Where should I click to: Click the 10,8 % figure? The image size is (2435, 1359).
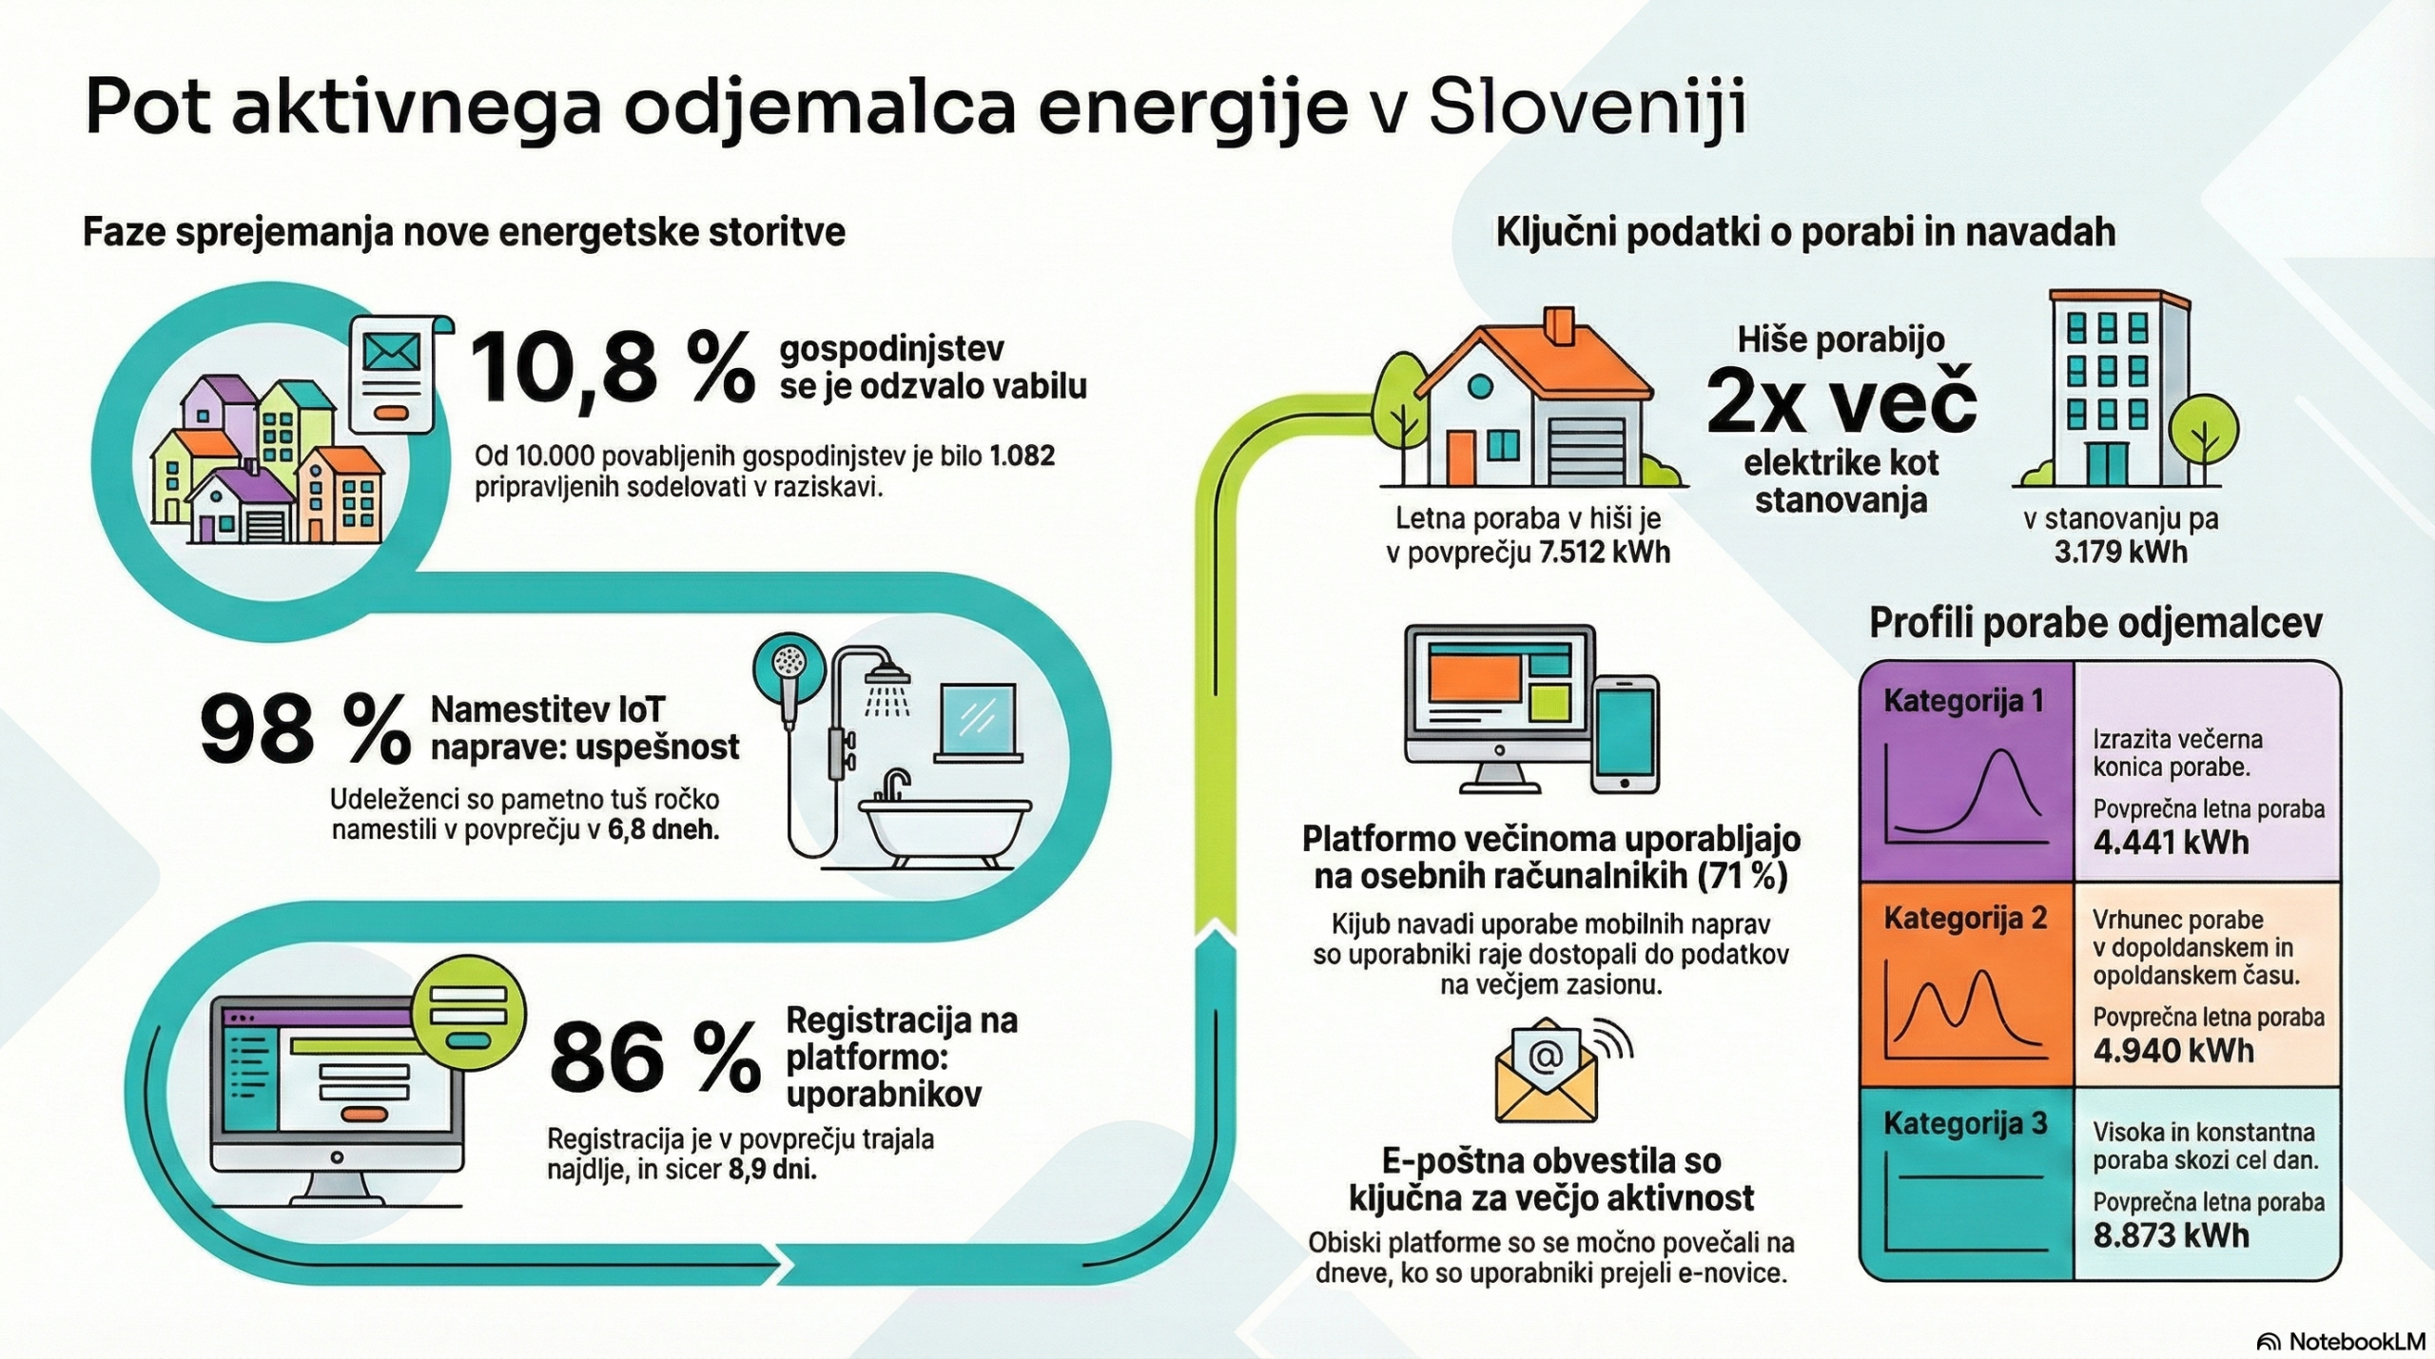pyautogui.click(x=613, y=370)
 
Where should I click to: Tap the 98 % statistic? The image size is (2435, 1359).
pyautogui.click(x=305, y=729)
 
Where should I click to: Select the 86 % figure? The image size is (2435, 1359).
pyautogui.click(x=655, y=1058)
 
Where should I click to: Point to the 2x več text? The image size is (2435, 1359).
pyautogui.click(x=1841, y=402)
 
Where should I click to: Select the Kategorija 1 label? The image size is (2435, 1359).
pyautogui.click(x=1963, y=701)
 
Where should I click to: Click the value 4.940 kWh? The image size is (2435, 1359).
pyautogui.click(x=2173, y=1050)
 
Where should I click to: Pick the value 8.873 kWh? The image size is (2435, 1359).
pyautogui.click(x=2172, y=1234)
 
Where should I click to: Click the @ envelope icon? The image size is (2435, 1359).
pyautogui.click(x=1547, y=1070)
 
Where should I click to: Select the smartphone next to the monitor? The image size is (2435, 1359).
pyautogui.click(x=1626, y=734)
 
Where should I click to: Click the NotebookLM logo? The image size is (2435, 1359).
pyautogui.click(x=2340, y=1341)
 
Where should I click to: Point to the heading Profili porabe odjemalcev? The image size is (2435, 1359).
pyautogui.click(x=2095, y=623)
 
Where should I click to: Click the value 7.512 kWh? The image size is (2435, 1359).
pyautogui.click(x=1604, y=553)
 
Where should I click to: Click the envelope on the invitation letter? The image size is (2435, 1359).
pyautogui.click(x=392, y=353)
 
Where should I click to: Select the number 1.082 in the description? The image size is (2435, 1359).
pyautogui.click(x=1022, y=456)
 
